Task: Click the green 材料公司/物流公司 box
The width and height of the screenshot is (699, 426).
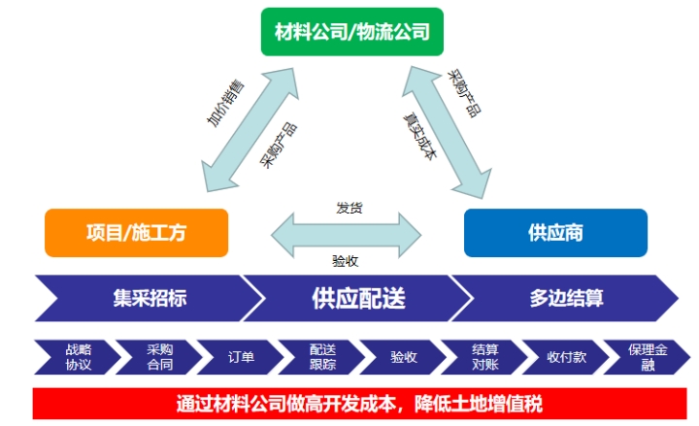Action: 346,33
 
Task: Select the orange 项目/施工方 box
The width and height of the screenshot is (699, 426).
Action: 136,233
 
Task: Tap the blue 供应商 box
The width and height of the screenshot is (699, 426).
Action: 555,233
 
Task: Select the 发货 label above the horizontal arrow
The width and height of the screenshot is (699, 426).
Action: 349,208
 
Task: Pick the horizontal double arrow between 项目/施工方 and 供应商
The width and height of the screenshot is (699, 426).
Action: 347,234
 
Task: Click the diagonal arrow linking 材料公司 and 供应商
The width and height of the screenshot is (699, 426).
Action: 449,126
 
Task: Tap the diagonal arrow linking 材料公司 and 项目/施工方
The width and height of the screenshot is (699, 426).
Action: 248,126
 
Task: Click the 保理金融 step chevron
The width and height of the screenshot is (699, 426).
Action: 641,357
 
